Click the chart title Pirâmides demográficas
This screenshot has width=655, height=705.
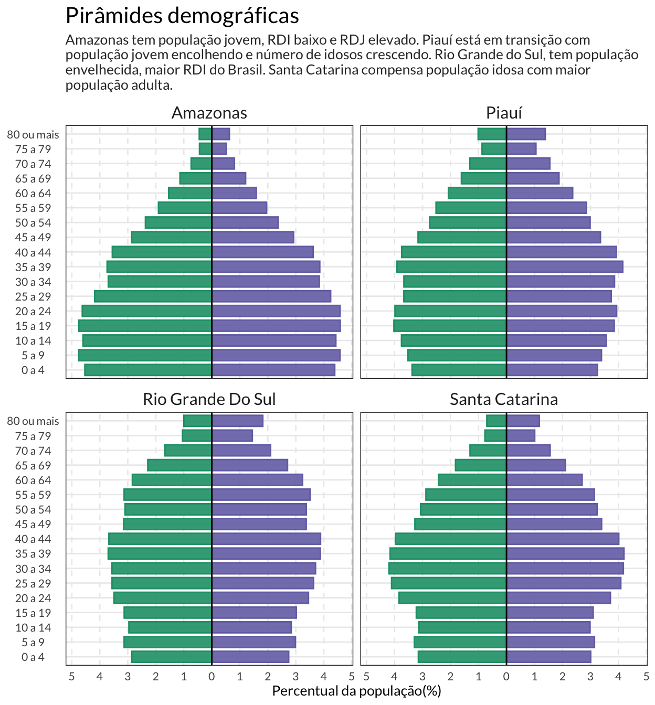(x=182, y=16)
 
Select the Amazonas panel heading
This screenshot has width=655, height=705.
(x=209, y=113)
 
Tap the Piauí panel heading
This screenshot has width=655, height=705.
(x=504, y=113)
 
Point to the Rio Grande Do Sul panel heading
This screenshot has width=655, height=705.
(x=209, y=399)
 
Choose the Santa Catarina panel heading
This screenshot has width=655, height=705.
(x=504, y=399)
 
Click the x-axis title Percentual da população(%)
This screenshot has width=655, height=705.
(x=356, y=691)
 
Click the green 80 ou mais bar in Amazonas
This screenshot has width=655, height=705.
(x=205, y=134)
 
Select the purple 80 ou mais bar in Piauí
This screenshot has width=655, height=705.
(x=526, y=134)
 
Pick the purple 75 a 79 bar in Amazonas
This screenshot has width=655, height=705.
(x=219, y=149)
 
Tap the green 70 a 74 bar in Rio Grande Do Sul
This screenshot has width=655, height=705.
(x=188, y=451)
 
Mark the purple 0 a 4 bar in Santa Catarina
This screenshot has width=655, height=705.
(x=549, y=657)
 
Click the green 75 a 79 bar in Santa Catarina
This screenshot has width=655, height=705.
(x=495, y=435)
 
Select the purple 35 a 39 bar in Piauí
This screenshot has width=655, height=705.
(x=565, y=267)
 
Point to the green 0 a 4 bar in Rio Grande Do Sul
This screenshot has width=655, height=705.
(x=171, y=657)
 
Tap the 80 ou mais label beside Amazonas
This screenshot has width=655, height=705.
(x=33, y=134)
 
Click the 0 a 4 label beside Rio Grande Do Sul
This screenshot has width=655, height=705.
(x=33, y=657)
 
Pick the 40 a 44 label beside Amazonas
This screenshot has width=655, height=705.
(x=33, y=252)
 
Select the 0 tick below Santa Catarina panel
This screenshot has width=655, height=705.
(x=506, y=676)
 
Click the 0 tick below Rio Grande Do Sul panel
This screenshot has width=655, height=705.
(x=212, y=676)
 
